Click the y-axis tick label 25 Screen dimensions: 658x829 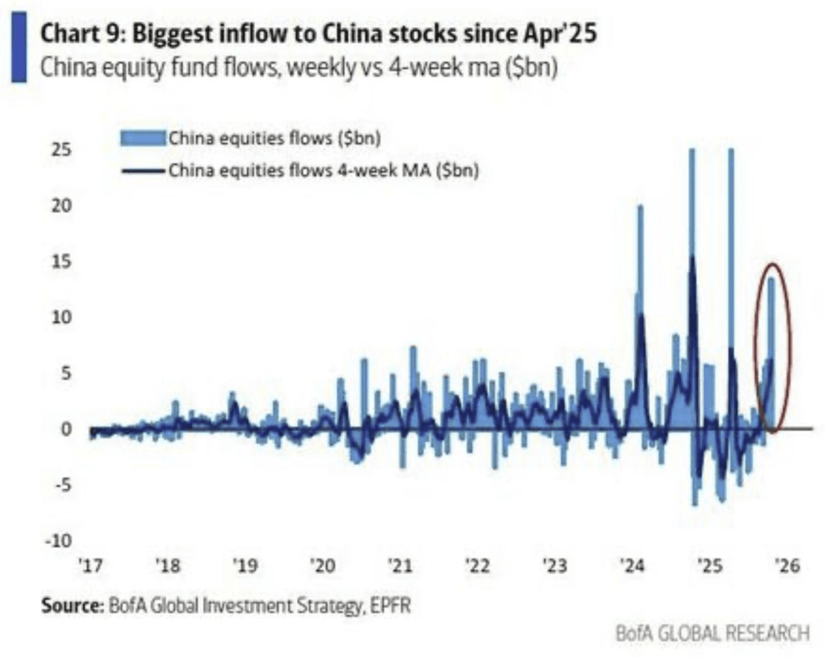click(61, 150)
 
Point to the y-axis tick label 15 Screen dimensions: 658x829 click(61, 262)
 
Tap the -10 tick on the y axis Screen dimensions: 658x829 click(58, 541)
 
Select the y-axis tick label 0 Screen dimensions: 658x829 click(66, 429)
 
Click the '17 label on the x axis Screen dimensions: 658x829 click(90, 565)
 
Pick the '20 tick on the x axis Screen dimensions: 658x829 click(322, 565)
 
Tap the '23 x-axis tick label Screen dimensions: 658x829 click(555, 565)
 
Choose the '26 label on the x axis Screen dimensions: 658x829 click(787, 565)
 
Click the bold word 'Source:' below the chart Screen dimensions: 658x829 click(72, 605)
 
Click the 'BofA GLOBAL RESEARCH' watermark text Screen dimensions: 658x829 click(712, 634)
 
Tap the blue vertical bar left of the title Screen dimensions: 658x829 click(19, 47)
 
